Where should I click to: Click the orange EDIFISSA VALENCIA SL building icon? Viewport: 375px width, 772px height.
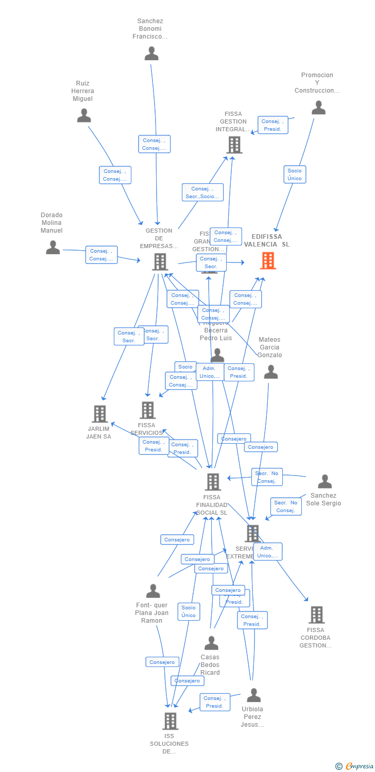[268, 260]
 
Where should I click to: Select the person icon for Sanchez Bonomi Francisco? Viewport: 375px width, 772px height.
[151, 54]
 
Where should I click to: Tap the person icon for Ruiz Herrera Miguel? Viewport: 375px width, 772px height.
[84, 115]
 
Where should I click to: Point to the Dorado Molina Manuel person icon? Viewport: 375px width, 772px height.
[53, 248]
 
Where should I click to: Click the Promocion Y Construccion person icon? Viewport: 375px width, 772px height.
[318, 108]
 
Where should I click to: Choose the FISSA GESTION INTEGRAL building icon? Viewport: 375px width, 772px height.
[234, 145]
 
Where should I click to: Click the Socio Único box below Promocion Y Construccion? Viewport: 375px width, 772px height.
[295, 174]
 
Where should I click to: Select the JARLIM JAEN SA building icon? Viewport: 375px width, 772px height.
[99, 414]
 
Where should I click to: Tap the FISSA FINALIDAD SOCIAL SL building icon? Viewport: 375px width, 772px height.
[213, 482]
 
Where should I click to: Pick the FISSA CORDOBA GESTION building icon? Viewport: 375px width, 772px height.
[316, 615]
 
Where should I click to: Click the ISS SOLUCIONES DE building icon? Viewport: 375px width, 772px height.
[170, 721]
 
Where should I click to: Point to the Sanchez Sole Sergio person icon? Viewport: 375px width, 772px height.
[325, 482]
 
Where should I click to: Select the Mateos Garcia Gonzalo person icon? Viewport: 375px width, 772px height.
[270, 372]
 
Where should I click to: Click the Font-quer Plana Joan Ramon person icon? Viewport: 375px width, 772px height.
[153, 591]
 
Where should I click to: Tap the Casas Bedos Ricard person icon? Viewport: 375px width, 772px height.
[211, 643]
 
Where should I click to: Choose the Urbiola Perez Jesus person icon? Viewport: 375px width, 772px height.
[253, 695]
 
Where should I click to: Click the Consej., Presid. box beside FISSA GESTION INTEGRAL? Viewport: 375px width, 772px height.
[272, 125]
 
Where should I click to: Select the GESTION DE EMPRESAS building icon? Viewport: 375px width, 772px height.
[160, 262]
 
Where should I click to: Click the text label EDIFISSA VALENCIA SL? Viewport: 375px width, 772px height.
[267, 240]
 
